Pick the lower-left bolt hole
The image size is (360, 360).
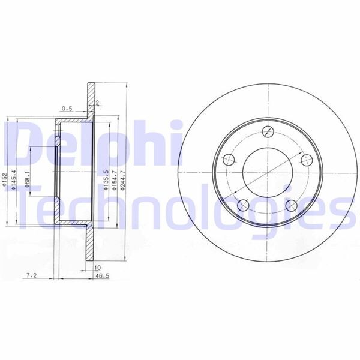click(x=243, y=206)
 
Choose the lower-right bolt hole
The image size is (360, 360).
click(x=291, y=206)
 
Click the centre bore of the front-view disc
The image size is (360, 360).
click(x=267, y=172)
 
